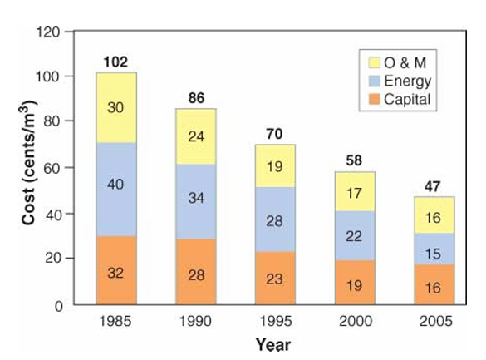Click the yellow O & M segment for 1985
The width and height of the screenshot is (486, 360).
[x=116, y=107]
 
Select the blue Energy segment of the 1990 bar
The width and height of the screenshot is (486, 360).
[x=196, y=201]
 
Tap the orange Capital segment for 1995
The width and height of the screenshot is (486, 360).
[x=275, y=279]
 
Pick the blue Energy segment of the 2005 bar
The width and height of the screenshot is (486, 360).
[x=434, y=249]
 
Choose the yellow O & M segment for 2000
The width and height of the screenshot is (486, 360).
[x=355, y=191]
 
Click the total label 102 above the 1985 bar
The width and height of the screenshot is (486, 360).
[x=115, y=62]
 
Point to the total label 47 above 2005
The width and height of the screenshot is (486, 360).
[x=432, y=186]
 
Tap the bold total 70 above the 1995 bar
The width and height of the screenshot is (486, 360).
[x=274, y=134]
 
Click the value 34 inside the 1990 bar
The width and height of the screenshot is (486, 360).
[x=196, y=198]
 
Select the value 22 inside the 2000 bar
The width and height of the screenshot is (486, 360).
[x=354, y=237]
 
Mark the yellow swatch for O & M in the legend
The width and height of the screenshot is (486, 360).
[x=374, y=62]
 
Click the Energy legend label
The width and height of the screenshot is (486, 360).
[x=408, y=81]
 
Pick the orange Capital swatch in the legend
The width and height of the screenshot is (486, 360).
[x=374, y=99]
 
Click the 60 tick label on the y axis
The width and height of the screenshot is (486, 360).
[x=52, y=168]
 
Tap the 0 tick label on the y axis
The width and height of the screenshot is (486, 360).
[x=59, y=306]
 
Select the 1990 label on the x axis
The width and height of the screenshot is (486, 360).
[x=195, y=321]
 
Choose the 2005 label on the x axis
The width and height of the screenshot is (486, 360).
[x=436, y=321]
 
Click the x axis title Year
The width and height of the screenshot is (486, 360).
[x=273, y=345]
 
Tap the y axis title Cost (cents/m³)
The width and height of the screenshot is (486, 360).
[x=28, y=163]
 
